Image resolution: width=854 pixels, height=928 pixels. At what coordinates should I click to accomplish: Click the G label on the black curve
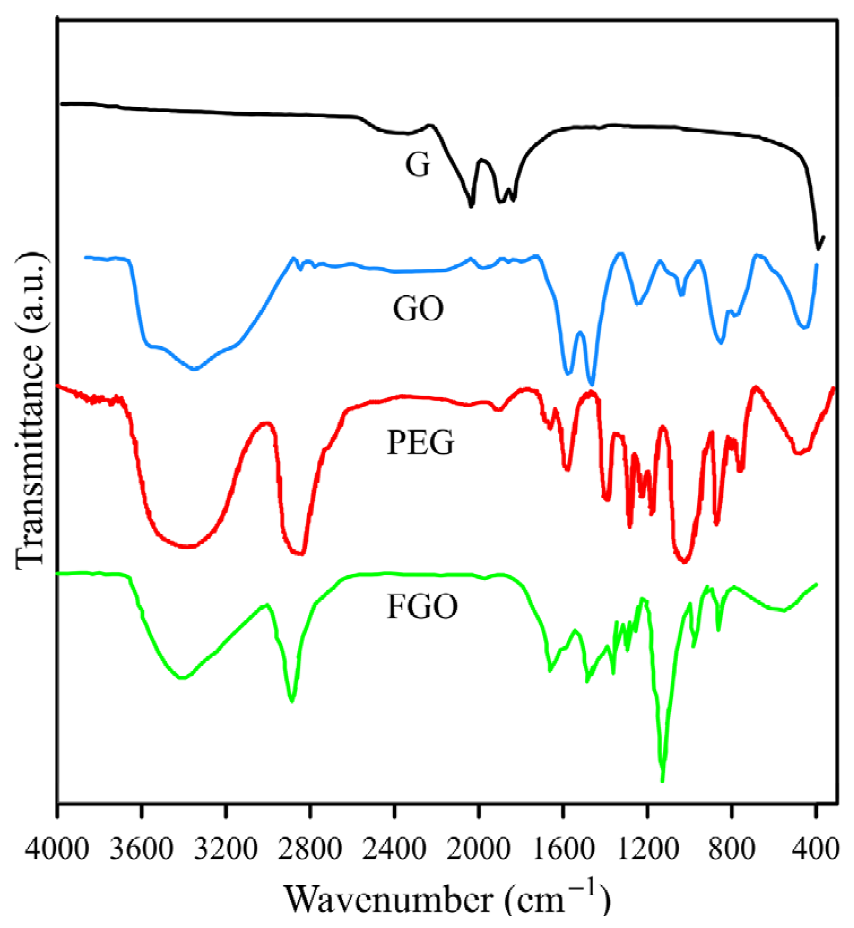pyautogui.click(x=418, y=165)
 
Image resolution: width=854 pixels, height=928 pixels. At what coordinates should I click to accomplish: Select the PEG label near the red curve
pyautogui.click(x=421, y=443)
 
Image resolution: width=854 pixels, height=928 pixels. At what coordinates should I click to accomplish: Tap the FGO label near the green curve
pyautogui.click(x=422, y=607)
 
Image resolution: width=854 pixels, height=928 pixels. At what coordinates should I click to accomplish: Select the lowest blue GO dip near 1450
pyautogui.click(x=591, y=384)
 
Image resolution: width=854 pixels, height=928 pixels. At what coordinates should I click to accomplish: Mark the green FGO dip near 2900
pyautogui.click(x=292, y=700)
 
